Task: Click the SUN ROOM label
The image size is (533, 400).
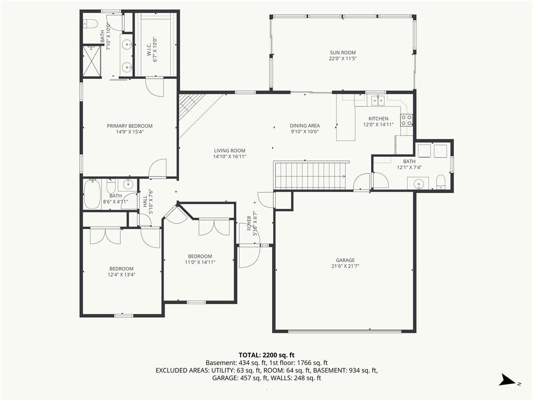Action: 342,53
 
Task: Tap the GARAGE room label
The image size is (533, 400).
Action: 345,260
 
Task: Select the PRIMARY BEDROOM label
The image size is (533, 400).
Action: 130,126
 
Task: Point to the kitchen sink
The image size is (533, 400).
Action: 378,101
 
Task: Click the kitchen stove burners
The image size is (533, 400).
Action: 407,120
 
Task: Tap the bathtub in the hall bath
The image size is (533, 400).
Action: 92,194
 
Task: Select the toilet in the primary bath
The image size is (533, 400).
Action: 91,23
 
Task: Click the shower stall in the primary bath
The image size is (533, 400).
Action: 92,61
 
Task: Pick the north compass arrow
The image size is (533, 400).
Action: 507,380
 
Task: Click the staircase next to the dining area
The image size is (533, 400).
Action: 310,175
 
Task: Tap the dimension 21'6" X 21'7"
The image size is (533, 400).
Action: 345,266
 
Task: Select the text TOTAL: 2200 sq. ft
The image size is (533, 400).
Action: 266,355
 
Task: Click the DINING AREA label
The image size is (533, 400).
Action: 304,126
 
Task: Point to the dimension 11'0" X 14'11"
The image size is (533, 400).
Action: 200,262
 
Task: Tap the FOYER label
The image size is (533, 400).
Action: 249,223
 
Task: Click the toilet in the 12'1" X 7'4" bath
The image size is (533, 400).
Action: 440,181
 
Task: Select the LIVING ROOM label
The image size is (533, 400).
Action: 230,151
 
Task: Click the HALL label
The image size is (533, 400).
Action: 145,202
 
